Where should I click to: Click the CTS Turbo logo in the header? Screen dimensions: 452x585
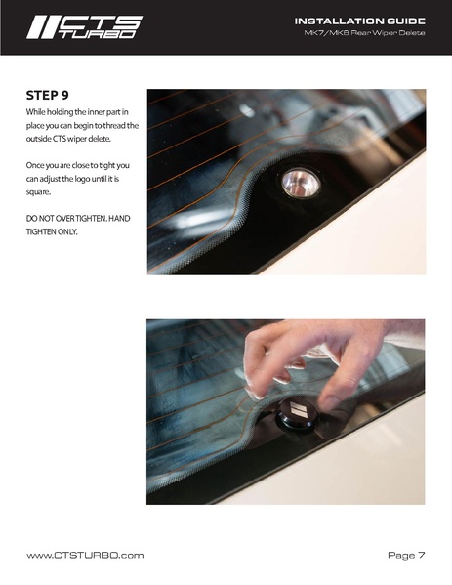pyautogui.click(x=84, y=27)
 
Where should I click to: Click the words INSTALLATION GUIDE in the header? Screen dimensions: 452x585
pyautogui.click(x=360, y=21)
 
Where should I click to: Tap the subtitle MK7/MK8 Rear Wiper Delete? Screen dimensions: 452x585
pyautogui.click(x=364, y=33)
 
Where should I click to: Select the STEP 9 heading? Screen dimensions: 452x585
pyautogui.click(x=48, y=95)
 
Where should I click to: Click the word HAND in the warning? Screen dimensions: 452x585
pyautogui.click(x=119, y=218)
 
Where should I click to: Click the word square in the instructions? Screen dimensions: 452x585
pyautogui.click(x=38, y=192)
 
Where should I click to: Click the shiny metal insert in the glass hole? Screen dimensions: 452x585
pyautogui.click(x=301, y=183)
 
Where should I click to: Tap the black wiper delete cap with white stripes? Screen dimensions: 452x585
pyautogui.click(x=297, y=415)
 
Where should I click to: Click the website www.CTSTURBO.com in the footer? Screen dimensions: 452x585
pyautogui.click(x=85, y=555)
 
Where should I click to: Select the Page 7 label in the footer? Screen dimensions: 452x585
pyautogui.click(x=406, y=555)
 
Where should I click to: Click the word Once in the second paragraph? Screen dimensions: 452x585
pyautogui.click(x=34, y=165)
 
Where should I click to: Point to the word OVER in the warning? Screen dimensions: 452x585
pyautogui.click(x=64, y=218)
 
